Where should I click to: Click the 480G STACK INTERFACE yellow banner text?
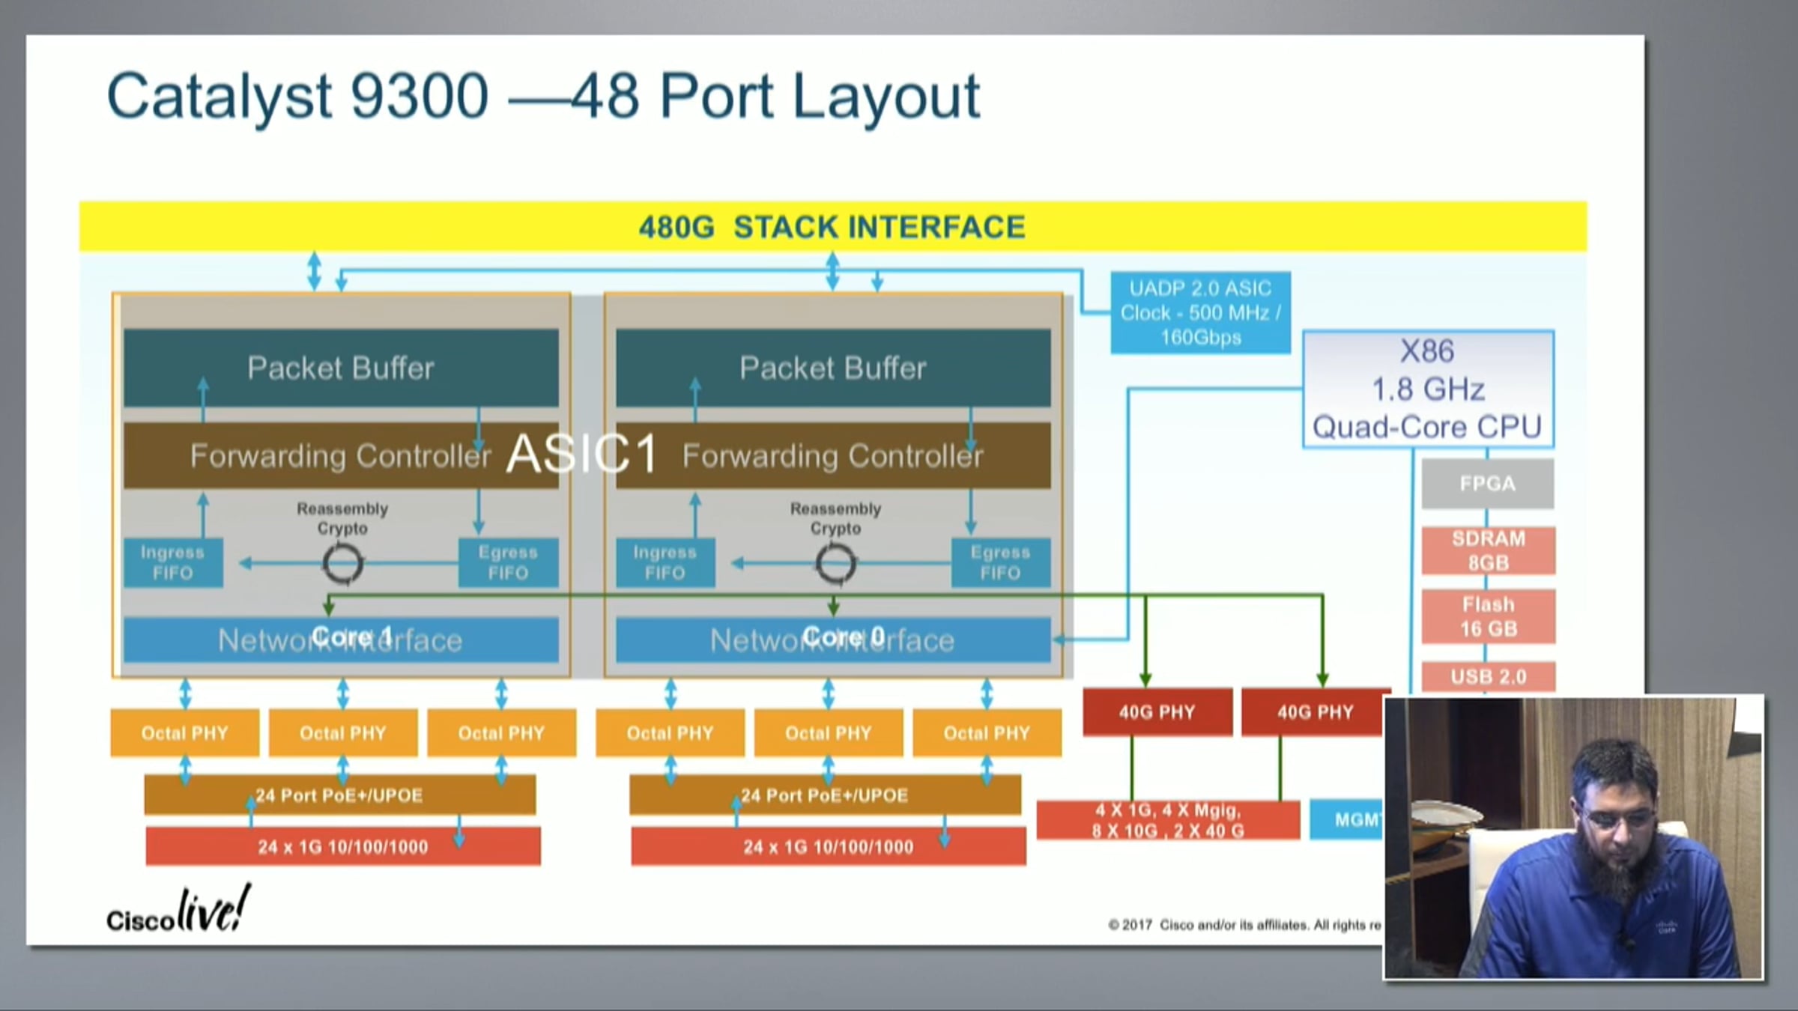pyautogui.click(x=832, y=227)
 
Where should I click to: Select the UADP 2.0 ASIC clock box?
pyautogui.click(x=1200, y=312)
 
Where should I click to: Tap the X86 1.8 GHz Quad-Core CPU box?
pyautogui.click(x=1428, y=389)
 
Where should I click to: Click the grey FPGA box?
pyautogui.click(x=1487, y=484)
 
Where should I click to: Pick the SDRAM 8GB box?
pyautogui.click(x=1488, y=550)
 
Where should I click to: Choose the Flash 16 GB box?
pyautogui.click(x=1488, y=616)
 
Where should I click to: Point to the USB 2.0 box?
pyautogui.click(x=1488, y=676)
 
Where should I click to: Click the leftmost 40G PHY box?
pyautogui.click(x=1157, y=711)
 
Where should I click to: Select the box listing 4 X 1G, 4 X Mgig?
pyautogui.click(x=1168, y=820)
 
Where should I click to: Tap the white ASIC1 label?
pyautogui.click(x=582, y=454)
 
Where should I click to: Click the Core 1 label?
pyautogui.click(x=351, y=637)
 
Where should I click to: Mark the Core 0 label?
pyautogui.click(x=844, y=637)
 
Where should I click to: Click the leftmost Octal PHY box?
pyautogui.click(x=184, y=732)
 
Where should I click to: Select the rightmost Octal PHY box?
pyautogui.click(x=987, y=732)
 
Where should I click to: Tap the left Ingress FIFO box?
pyautogui.click(x=172, y=562)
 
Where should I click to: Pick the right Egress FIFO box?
pyautogui.click(x=1000, y=562)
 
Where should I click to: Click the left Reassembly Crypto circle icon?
pyautogui.click(x=342, y=564)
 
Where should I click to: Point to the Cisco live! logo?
pyautogui.click(x=178, y=911)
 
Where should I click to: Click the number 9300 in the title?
pyautogui.click(x=420, y=96)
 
